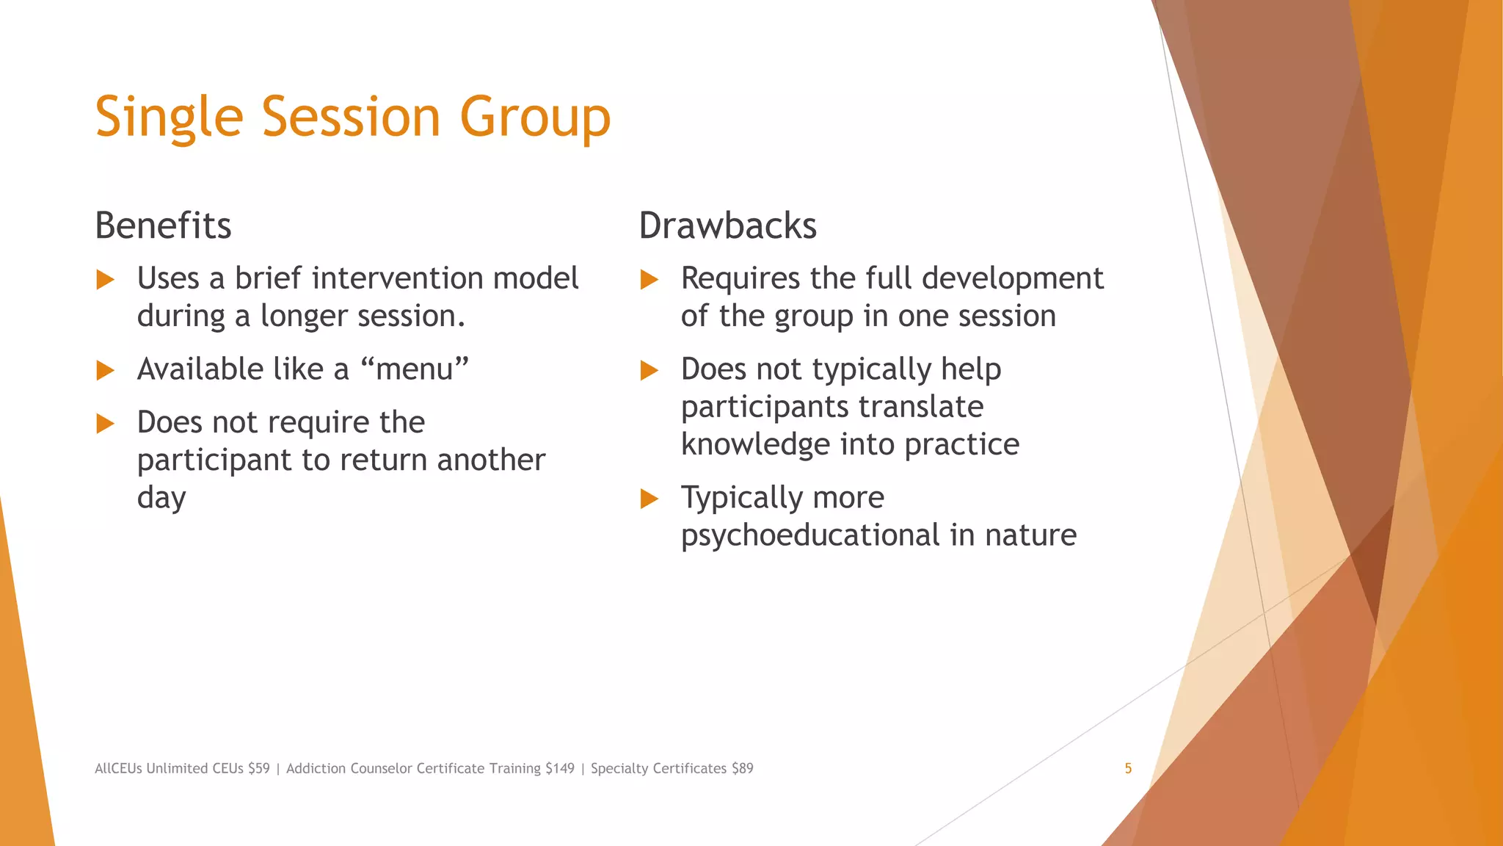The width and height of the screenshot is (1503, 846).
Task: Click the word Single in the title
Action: (169, 117)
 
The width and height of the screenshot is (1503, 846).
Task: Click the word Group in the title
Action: (535, 117)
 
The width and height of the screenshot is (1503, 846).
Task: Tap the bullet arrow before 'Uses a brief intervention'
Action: (106, 280)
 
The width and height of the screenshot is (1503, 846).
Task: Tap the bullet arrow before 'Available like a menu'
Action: (106, 370)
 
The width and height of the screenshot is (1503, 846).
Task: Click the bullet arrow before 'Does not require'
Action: (106, 424)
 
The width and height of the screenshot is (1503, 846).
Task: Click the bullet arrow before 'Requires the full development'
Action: (649, 280)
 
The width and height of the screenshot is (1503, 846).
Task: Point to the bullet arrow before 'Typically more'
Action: (649, 499)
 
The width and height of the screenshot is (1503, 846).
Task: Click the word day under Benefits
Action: (161, 499)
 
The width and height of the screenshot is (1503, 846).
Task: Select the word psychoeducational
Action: (810, 535)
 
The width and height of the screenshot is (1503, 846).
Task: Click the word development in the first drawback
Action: (1012, 278)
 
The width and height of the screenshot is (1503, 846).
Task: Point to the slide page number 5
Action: (1128, 768)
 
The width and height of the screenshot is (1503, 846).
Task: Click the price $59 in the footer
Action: (258, 768)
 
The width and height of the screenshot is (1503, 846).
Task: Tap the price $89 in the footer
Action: (742, 768)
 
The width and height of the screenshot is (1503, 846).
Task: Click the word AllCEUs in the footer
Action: (118, 768)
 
